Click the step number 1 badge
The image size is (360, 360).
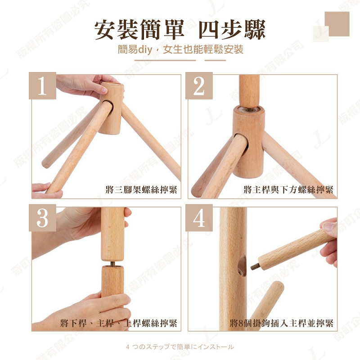click(42, 86)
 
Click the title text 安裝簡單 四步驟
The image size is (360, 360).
click(180, 29)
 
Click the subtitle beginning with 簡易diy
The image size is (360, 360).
click(180, 49)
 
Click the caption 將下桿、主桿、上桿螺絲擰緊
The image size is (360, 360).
click(119, 323)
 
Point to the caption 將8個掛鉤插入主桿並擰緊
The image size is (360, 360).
click(281, 323)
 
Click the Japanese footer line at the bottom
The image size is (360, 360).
click(180, 347)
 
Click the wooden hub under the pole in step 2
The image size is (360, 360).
click(248, 139)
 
